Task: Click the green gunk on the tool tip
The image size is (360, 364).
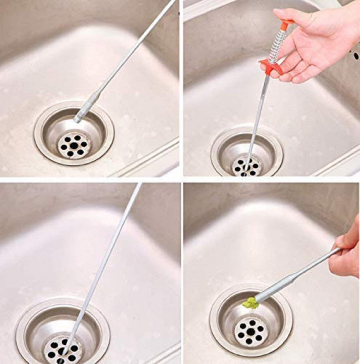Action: (250, 303)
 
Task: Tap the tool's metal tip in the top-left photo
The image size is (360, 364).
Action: (77, 119)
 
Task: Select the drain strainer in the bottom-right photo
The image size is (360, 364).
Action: (251, 329)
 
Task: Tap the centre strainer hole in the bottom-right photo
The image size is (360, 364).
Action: (251, 329)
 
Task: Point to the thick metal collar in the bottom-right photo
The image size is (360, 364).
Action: (276, 285)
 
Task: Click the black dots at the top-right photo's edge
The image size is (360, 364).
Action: (354, 52)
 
